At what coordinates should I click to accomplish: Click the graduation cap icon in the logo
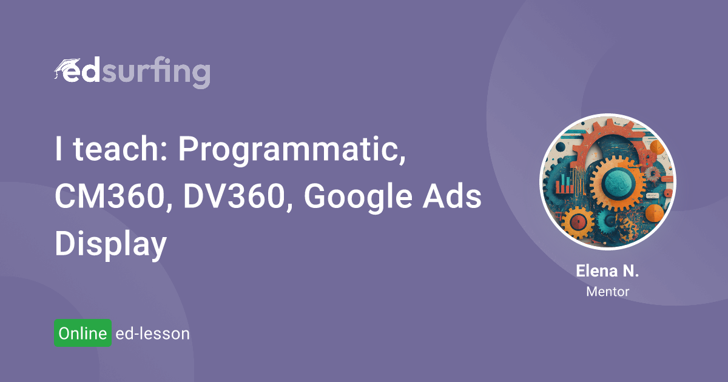66,67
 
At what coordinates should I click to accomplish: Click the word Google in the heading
358,198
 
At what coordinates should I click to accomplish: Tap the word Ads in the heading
452,196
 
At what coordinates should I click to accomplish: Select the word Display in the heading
111,245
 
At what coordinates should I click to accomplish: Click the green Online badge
83,333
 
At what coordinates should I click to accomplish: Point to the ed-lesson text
152,333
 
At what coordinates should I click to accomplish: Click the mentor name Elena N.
607,271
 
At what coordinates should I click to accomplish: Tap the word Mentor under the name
607,292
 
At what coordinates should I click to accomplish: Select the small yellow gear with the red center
578,223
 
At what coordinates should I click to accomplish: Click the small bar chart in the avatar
565,184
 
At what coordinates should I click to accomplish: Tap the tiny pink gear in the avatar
652,174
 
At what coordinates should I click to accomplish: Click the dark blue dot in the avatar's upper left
561,147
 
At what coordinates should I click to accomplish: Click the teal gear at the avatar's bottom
607,221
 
